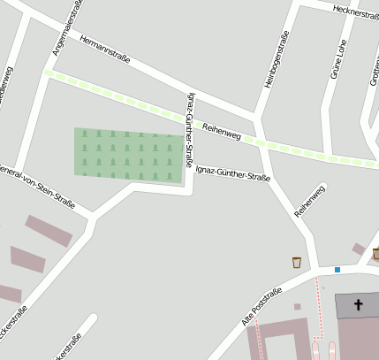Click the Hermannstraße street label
[x=104, y=50]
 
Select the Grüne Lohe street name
[x=336, y=59]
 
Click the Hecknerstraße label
[x=355, y=11]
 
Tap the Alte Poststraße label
[x=262, y=305]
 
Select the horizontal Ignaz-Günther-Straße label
[x=232, y=172]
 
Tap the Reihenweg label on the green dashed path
[x=222, y=132]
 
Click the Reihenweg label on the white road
[x=310, y=201]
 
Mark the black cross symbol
[x=359, y=306]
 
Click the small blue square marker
[x=337, y=269]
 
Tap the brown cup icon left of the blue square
[x=296, y=262]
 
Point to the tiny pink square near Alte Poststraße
[x=297, y=307]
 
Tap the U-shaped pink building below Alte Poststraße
[x=283, y=341]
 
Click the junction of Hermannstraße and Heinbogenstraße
[x=256, y=117]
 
